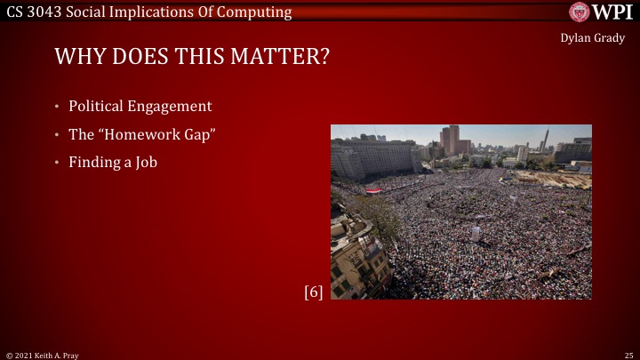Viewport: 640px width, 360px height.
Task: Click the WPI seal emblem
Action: click(580, 12)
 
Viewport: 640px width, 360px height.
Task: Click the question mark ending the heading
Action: click(324, 58)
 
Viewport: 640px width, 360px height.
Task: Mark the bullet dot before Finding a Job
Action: click(58, 163)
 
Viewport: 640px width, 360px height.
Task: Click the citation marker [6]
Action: click(313, 292)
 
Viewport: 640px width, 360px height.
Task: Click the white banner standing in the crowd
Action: click(476, 232)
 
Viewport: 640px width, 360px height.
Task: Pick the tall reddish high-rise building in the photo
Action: click(452, 140)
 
